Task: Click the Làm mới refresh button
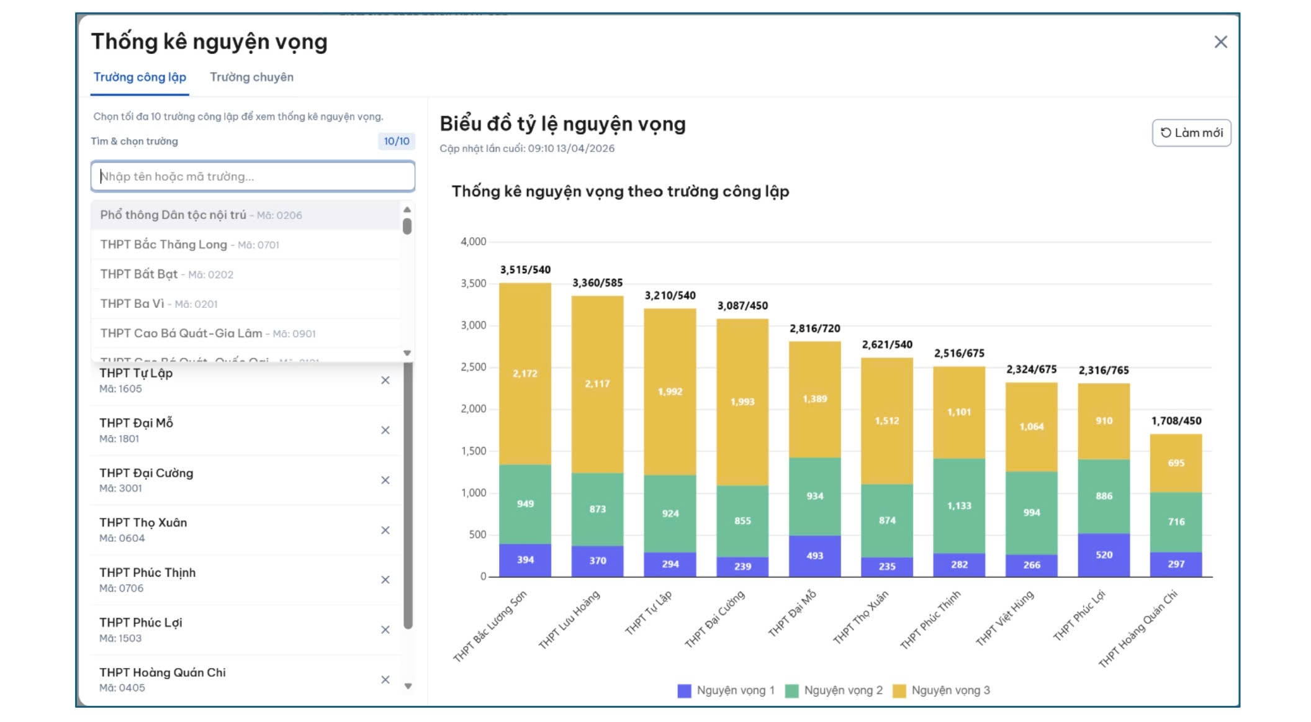click(x=1191, y=133)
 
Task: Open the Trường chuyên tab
click(x=251, y=78)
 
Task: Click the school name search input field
click(x=253, y=176)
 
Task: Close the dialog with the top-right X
click(x=1220, y=42)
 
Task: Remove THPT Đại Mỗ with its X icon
click(x=385, y=430)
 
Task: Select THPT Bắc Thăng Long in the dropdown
click(x=189, y=245)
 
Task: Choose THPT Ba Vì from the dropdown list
click(x=159, y=304)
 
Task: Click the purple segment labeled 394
click(x=525, y=560)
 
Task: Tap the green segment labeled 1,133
click(x=959, y=506)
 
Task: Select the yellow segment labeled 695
click(x=1176, y=463)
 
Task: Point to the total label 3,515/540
click(x=525, y=270)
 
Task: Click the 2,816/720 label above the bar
click(x=814, y=328)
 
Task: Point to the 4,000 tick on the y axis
click(x=473, y=241)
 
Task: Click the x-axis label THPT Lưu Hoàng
click(x=569, y=619)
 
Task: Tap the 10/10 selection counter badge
click(x=396, y=142)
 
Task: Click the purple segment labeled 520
click(x=1104, y=555)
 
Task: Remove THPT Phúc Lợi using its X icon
click(x=385, y=629)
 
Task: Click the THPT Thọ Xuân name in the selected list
click(x=143, y=523)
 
